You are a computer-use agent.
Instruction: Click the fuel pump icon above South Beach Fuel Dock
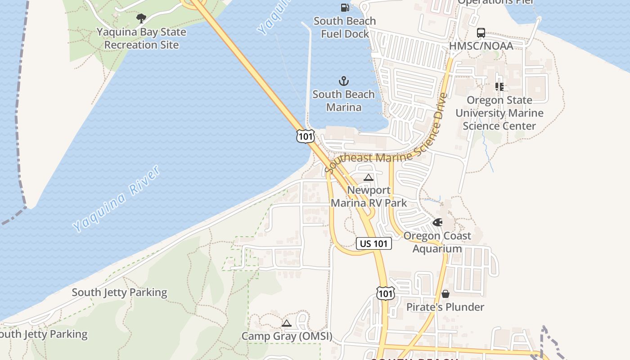tap(345, 7)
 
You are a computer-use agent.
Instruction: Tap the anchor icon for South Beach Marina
tap(344, 81)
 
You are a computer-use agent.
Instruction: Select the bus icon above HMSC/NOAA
tap(481, 33)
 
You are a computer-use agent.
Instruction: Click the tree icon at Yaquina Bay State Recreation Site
tap(141, 18)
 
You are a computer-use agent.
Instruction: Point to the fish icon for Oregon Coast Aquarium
tap(437, 222)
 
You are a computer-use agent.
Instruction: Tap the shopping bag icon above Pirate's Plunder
tap(445, 294)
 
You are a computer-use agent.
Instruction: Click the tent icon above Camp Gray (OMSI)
tap(287, 323)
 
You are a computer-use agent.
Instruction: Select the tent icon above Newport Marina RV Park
tap(369, 177)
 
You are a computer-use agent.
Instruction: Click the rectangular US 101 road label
tap(374, 243)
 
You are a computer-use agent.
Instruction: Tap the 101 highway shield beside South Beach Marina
tap(305, 135)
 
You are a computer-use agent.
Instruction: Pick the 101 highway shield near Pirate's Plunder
tap(386, 293)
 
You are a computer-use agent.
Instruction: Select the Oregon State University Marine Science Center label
tap(499, 113)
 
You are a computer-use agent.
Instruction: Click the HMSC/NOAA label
tap(481, 46)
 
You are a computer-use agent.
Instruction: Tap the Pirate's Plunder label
tap(445, 307)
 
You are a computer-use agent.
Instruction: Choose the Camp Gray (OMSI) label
tap(287, 336)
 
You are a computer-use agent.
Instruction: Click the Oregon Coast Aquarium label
tap(437, 242)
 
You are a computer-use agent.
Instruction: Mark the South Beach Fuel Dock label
tap(345, 27)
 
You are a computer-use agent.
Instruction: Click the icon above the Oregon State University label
tap(499, 86)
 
